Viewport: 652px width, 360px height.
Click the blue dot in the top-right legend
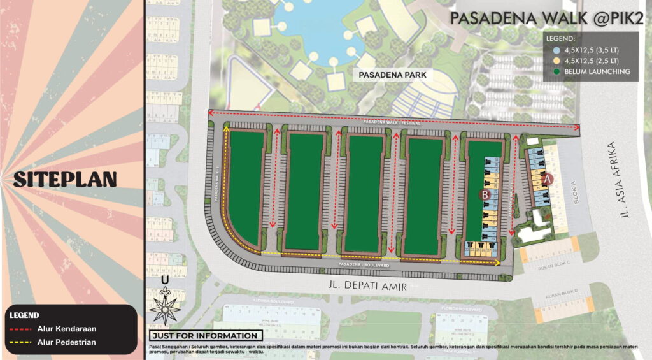556,49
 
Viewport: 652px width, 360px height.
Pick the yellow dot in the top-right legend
556,61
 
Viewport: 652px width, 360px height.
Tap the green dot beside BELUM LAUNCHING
556,72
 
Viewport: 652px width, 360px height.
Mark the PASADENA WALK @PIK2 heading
546,18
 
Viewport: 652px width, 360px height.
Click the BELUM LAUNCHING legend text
597,72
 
